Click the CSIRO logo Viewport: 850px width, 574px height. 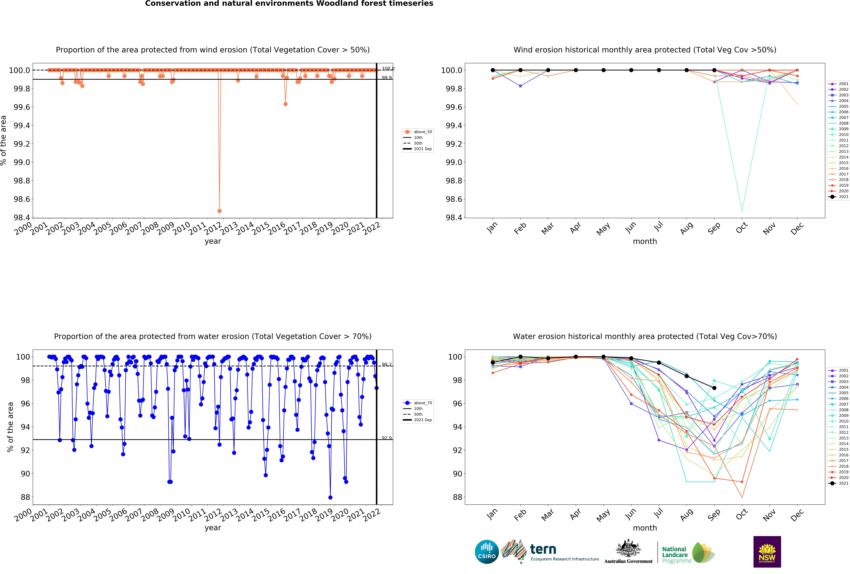(486, 552)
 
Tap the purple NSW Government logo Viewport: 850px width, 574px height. (767, 552)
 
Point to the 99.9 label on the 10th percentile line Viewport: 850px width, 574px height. (387, 77)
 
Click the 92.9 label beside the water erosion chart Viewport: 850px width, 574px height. (387, 438)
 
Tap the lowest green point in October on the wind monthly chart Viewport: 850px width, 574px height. (742, 210)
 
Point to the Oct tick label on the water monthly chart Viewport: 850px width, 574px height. (741, 515)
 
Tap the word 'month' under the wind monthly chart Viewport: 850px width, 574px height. (645, 241)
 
